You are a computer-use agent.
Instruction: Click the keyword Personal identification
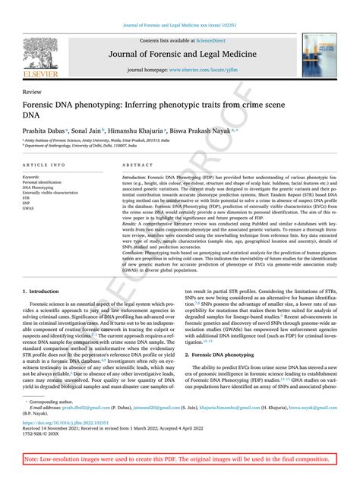tap(43, 182)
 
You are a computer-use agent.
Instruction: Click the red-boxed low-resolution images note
tap(179, 459)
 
